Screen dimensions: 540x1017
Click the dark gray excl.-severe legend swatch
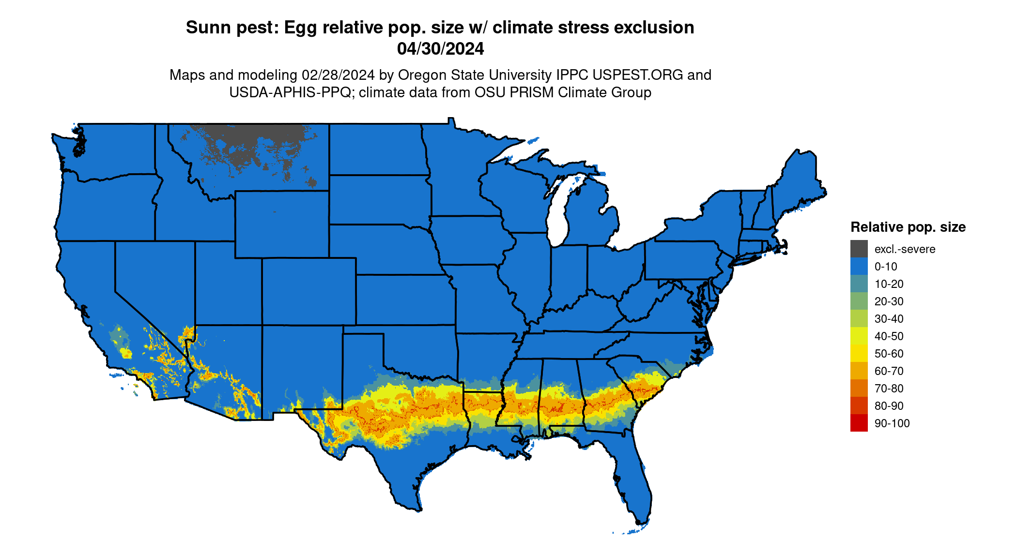pyautogui.click(x=859, y=249)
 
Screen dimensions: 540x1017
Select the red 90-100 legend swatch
pyautogui.click(x=859, y=423)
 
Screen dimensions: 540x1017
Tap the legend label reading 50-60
pyautogui.click(x=889, y=354)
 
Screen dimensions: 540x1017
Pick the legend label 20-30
pyautogui.click(x=889, y=301)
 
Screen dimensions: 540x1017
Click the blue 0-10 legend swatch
pyautogui.click(x=859, y=266)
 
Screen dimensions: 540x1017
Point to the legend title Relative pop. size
pyautogui.click(x=908, y=227)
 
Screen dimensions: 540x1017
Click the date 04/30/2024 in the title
pyautogui.click(x=440, y=49)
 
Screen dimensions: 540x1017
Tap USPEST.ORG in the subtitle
pyautogui.click(x=637, y=75)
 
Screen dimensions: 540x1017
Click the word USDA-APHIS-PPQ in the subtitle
pyautogui.click(x=290, y=92)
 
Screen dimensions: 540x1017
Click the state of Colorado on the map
pyautogui.click(x=308, y=291)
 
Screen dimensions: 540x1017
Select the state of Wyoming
pyautogui.click(x=281, y=224)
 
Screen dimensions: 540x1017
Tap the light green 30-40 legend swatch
pyautogui.click(x=859, y=318)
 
